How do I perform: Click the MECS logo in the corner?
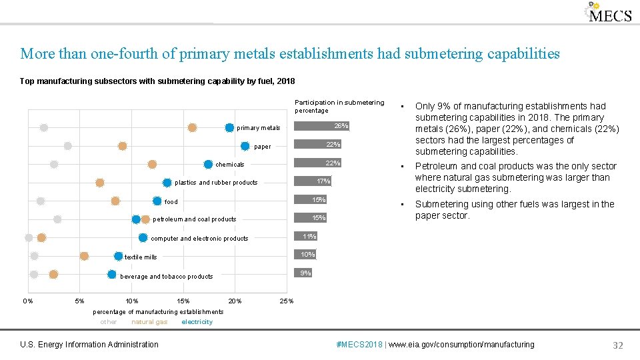[x=608, y=13]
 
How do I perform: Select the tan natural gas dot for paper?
[x=123, y=146]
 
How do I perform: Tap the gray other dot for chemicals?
[x=54, y=164]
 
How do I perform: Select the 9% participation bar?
[x=303, y=273]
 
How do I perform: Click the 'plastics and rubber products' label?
[x=216, y=183]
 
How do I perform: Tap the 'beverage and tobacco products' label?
[x=167, y=277]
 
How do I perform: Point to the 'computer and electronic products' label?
[x=200, y=239]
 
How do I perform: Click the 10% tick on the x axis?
[x=132, y=301]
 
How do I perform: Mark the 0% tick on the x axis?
[x=28, y=301]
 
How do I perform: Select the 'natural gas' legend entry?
[x=149, y=322]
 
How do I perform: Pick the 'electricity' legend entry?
[x=197, y=322]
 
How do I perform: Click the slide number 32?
[x=617, y=345]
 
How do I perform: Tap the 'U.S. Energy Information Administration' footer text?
[x=89, y=345]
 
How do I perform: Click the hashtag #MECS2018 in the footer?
[x=360, y=345]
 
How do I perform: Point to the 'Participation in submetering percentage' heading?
[x=339, y=106]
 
